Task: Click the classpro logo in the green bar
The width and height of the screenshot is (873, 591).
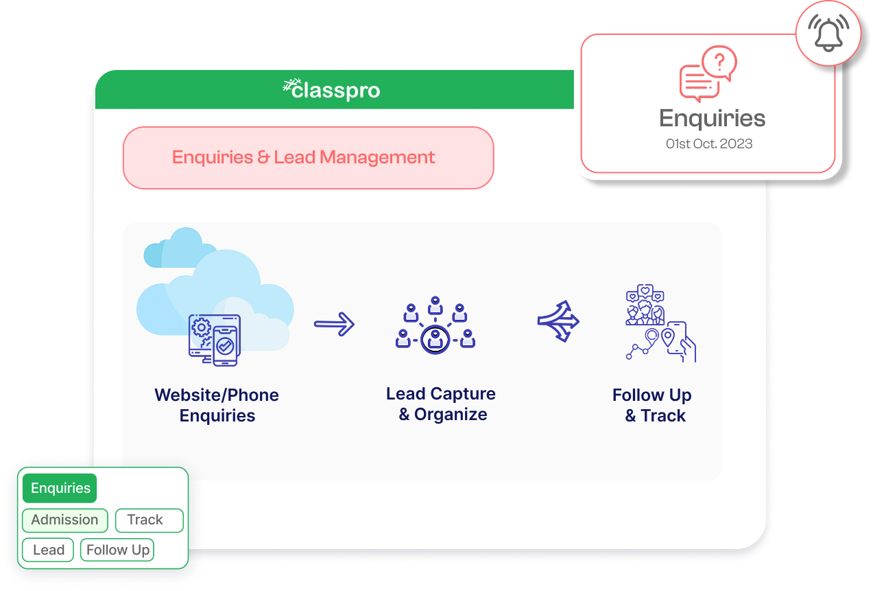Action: (x=332, y=90)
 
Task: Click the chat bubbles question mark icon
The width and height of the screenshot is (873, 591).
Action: (x=708, y=73)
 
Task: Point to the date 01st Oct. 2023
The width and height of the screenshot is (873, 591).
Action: (x=709, y=144)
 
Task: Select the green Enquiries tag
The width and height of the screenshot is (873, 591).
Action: (x=60, y=488)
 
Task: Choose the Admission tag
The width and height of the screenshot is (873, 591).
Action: (x=64, y=520)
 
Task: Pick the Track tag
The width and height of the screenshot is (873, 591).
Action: (x=149, y=520)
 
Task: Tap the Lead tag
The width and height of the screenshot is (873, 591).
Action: (x=48, y=550)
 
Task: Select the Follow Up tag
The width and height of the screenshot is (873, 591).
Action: (x=117, y=550)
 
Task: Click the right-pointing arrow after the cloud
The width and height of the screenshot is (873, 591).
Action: (x=334, y=323)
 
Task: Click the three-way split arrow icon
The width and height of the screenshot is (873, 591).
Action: (x=558, y=321)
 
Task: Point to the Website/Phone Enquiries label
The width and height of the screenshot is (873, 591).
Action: (x=217, y=405)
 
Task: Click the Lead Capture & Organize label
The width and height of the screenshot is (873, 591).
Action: (x=441, y=404)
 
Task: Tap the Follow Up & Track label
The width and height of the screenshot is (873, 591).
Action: (x=652, y=405)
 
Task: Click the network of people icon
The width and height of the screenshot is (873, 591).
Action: (x=435, y=325)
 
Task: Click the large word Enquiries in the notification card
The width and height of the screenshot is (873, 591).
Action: (x=712, y=119)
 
